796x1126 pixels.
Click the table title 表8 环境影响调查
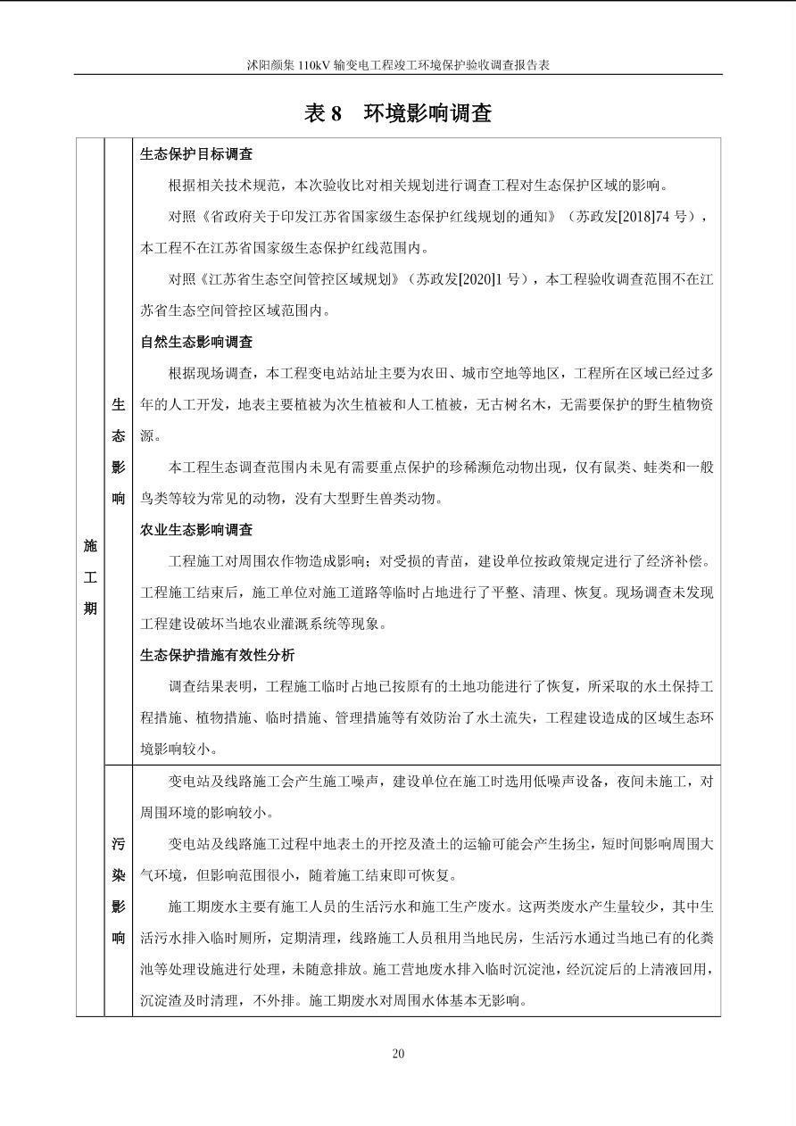coord(398,113)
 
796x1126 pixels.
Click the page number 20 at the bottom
coord(398,1054)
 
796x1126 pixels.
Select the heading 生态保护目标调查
coord(196,153)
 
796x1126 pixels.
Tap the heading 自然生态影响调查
coord(196,342)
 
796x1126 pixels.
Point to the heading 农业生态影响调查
coord(196,530)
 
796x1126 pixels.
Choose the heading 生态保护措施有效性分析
coord(217,655)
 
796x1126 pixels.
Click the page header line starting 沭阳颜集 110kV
coord(398,65)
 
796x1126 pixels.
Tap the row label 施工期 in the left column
coord(90,577)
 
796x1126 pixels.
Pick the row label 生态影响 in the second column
coord(119,451)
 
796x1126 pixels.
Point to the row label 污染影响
coord(119,890)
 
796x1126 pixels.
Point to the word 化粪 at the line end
coord(698,937)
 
